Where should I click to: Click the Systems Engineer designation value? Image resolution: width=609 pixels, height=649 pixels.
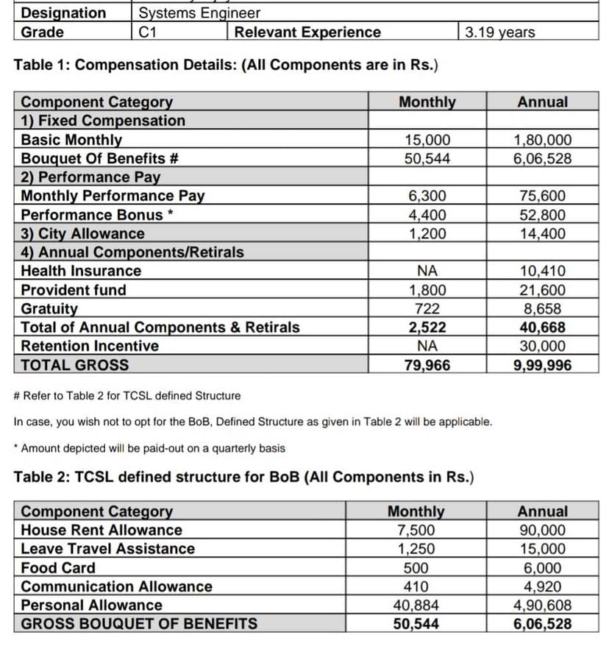[199, 13]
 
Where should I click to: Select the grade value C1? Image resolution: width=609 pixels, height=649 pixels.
[148, 32]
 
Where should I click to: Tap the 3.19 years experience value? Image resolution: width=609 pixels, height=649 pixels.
[500, 32]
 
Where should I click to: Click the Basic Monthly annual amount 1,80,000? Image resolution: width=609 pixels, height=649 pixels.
[542, 140]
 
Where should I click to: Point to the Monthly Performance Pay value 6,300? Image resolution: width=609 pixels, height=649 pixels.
[427, 196]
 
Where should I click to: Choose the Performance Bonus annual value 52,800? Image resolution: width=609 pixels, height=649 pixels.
[542, 215]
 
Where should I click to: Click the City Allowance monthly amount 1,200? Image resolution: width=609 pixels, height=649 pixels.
[427, 234]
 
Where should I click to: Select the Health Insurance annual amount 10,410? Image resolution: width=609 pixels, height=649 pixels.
[542, 271]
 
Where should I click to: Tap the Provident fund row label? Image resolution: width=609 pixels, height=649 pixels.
[74, 290]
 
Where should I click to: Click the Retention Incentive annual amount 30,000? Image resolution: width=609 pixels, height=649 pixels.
[542, 346]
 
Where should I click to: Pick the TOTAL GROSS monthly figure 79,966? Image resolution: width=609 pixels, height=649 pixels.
[427, 365]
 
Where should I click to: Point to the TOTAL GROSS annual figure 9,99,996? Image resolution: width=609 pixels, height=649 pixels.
[542, 365]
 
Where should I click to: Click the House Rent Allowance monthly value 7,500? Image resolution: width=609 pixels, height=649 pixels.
[416, 530]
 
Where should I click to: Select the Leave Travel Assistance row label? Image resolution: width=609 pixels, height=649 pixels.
[108, 549]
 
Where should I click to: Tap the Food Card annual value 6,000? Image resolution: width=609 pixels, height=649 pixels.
[542, 568]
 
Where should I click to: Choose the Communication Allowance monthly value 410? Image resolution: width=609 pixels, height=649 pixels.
[416, 586]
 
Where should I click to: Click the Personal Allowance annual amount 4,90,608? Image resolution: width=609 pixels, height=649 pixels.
[542, 606]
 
